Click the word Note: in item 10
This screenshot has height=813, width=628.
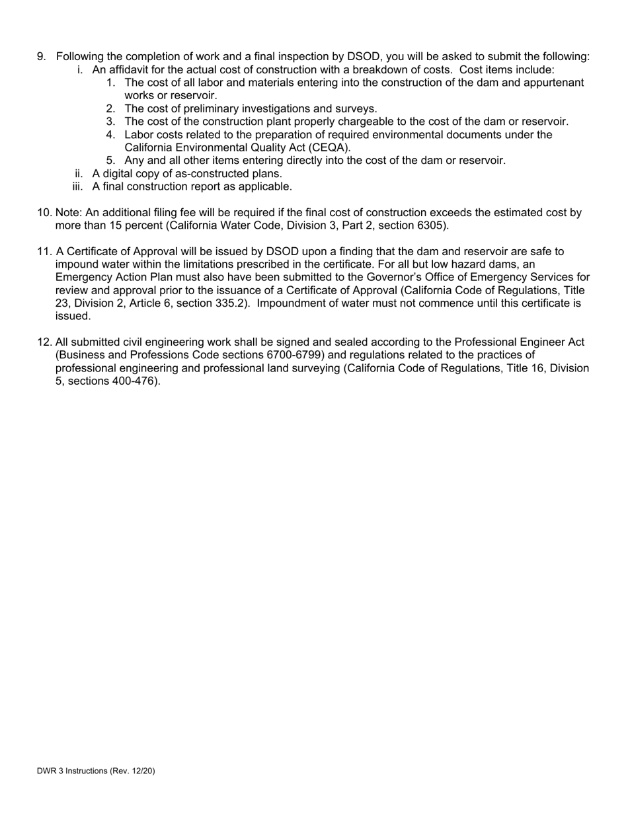point(69,213)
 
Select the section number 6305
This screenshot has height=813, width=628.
point(432,225)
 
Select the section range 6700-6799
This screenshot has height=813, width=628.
point(295,355)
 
